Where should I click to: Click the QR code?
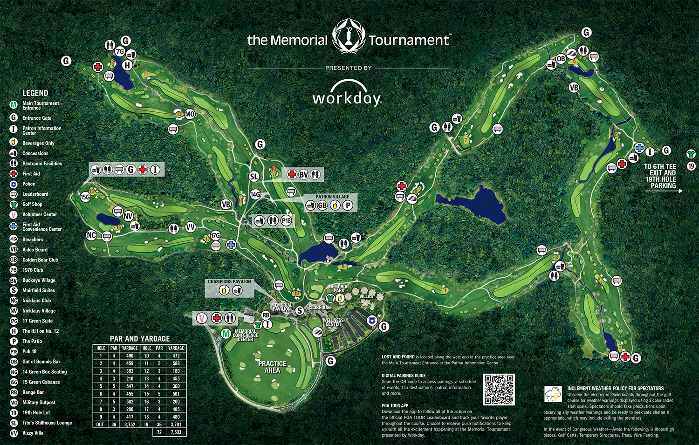pyautogui.click(x=499, y=389)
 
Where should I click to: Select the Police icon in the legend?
pyautogui.click(x=14, y=184)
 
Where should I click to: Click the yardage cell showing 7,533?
pyautogui.click(x=176, y=432)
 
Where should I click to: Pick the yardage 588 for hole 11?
pyautogui.click(x=176, y=363)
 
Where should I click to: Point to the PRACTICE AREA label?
pyautogui.click(x=272, y=367)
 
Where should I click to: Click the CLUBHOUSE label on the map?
pyautogui.click(x=320, y=308)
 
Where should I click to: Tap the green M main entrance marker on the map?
pyautogui.click(x=226, y=334)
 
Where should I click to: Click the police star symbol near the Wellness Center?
pyautogui.click(x=372, y=320)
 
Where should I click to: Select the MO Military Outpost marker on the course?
pyautogui.click(x=190, y=114)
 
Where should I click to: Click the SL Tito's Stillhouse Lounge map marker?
pyautogui.click(x=254, y=177)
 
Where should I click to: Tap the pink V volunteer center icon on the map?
pyautogui.click(x=202, y=318)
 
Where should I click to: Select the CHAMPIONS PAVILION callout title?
pyautogui.click(x=229, y=281)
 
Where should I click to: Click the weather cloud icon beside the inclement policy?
pyautogui.click(x=553, y=394)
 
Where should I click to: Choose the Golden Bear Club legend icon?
pyautogui.click(x=14, y=260)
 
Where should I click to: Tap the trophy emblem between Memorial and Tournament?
pyautogui.click(x=348, y=37)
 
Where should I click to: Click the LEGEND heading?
pyautogui.click(x=35, y=93)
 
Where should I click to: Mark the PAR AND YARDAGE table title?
pyautogui.click(x=140, y=339)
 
